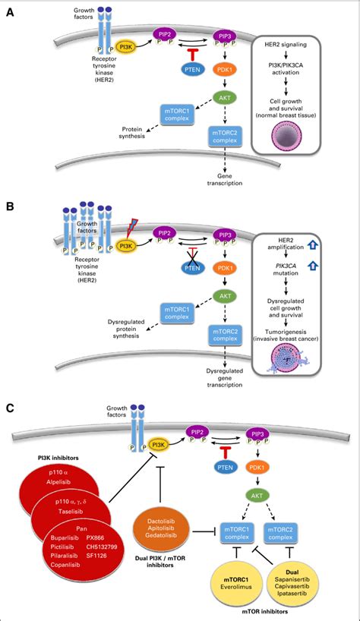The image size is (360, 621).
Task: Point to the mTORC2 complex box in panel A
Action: [227, 139]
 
